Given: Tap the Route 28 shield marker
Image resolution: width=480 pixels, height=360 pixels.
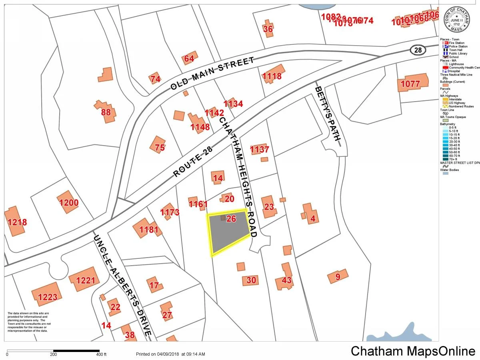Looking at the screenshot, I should point(418,50).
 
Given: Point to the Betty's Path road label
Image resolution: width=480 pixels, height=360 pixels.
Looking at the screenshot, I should point(328,114).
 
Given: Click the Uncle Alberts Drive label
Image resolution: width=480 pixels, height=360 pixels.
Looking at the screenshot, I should point(123,286).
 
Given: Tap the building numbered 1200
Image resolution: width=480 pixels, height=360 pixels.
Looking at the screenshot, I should point(69,203).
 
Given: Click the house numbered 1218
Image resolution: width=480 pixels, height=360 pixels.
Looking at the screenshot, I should point(16,222).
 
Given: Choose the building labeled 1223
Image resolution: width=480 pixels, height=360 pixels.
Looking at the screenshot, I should point(47,296).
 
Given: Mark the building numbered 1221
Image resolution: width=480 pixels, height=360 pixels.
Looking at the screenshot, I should point(84,280).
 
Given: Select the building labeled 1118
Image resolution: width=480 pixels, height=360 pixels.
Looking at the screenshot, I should point(272,76).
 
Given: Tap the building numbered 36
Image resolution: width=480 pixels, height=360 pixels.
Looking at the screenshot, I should point(268,29).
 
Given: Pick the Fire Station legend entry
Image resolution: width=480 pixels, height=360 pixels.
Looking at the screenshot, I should point(456,43).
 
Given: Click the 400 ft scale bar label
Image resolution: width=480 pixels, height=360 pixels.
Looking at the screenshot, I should point(101,354).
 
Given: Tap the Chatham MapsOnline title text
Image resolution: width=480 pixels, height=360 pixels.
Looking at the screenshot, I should point(413,351).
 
